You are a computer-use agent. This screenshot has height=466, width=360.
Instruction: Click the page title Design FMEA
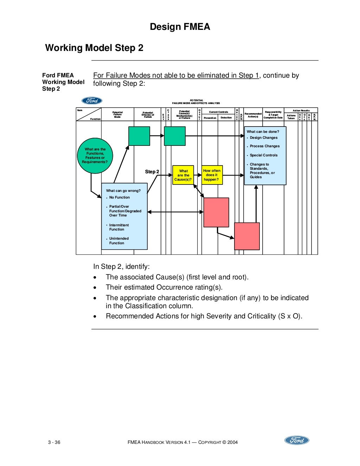click(180, 27)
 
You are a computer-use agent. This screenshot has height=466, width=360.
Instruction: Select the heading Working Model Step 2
click(94, 48)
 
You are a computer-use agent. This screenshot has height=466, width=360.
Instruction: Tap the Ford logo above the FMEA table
click(92, 101)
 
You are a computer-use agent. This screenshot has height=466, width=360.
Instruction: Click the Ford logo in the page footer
click(296, 440)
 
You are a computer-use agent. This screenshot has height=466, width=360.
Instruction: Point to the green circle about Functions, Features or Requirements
click(95, 156)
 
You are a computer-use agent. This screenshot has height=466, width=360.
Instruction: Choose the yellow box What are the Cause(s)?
click(183, 175)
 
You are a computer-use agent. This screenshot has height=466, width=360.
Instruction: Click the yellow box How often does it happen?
click(212, 175)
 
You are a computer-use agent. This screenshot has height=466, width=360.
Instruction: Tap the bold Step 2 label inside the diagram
click(152, 172)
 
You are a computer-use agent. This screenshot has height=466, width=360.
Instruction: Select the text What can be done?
click(263, 132)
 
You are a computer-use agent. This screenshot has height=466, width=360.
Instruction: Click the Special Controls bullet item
click(263, 155)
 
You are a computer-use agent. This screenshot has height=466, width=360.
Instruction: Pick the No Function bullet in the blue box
click(119, 198)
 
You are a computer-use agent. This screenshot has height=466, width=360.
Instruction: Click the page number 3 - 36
click(54, 442)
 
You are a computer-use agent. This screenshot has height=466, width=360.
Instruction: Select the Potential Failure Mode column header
click(117, 115)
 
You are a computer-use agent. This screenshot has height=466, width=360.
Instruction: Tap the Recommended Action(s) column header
click(253, 115)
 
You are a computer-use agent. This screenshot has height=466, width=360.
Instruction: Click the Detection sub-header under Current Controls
click(226, 118)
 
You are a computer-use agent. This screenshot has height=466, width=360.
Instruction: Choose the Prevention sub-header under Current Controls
click(210, 118)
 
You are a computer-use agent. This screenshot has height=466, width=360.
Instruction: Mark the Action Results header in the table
click(301, 110)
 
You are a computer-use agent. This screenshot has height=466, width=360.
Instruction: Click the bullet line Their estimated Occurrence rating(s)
click(164, 287)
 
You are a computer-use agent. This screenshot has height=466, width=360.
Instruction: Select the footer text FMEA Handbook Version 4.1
click(159, 442)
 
